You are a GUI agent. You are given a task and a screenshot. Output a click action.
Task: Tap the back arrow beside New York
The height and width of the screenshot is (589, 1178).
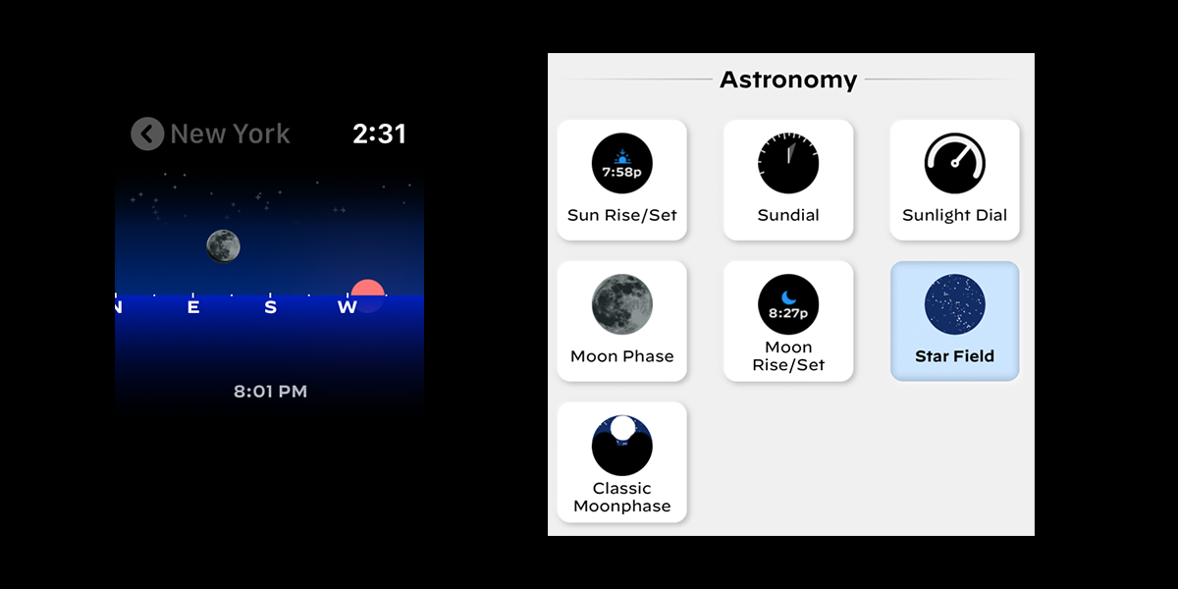point(147,134)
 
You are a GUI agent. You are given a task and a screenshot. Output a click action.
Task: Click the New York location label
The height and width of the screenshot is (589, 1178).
point(230,134)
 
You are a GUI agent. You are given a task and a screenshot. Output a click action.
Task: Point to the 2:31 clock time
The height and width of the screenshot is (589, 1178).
point(379,134)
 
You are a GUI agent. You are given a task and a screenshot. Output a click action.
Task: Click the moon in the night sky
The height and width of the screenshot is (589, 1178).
point(224,246)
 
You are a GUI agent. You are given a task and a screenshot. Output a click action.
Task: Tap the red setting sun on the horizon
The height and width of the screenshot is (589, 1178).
point(367,289)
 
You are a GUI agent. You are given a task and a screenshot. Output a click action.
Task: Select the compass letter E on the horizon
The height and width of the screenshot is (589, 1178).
point(193,307)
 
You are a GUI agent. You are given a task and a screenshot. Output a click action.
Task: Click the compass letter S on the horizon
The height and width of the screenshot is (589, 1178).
point(270,307)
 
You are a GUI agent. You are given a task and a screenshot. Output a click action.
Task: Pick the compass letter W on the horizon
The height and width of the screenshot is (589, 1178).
point(348,307)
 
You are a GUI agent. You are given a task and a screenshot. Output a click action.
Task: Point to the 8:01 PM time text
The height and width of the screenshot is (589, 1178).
point(270,392)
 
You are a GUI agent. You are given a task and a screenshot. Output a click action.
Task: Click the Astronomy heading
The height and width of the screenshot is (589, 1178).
point(788,80)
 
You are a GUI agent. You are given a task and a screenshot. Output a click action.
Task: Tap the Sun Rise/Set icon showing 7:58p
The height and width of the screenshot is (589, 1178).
point(622,163)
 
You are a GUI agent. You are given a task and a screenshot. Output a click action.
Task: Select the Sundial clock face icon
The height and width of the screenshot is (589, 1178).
point(788,163)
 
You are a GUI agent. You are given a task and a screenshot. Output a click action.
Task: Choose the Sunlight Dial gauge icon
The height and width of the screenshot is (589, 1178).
point(954,163)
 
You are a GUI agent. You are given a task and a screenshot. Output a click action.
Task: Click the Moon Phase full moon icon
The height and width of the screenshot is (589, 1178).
point(622,304)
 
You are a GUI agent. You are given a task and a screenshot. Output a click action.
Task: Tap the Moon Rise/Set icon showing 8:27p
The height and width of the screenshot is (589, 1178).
point(788,304)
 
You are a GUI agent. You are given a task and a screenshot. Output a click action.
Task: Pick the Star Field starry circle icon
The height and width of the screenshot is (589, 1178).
point(954,304)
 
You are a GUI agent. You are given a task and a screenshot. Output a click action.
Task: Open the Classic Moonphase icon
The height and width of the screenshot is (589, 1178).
point(622,446)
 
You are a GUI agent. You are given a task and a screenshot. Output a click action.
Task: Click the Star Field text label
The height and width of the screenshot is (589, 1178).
point(954,356)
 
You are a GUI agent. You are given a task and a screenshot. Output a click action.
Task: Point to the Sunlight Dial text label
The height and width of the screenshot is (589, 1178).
point(954,215)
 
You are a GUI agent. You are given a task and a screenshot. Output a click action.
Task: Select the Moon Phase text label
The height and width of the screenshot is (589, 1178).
point(622,356)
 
